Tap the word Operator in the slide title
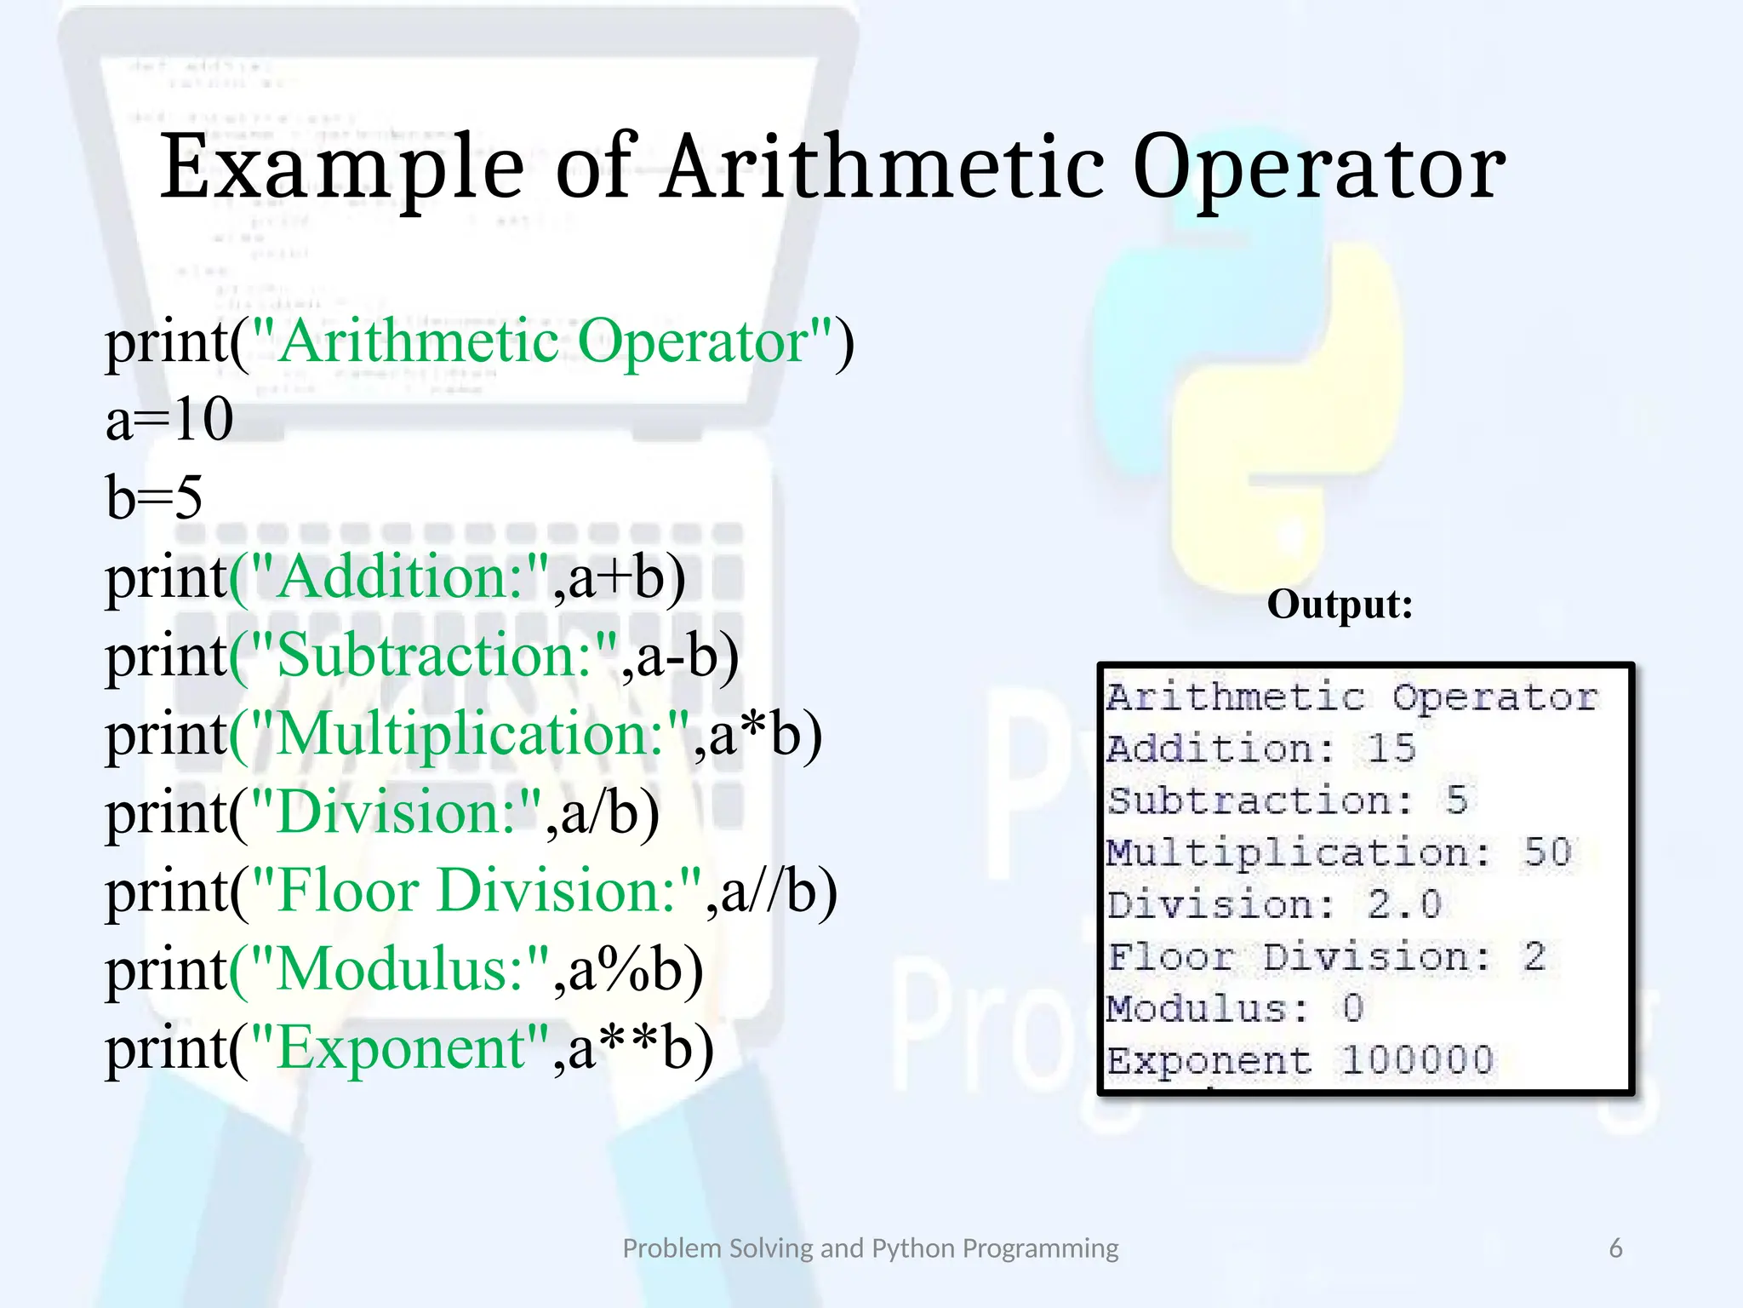point(1318,169)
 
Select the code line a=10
point(169,419)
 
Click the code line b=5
point(154,497)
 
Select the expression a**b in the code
point(629,1048)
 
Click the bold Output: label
point(1340,605)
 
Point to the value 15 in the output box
point(1391,749)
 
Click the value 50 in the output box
point(1546,853)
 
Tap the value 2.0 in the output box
point(1404,905)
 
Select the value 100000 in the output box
point(1417,1061)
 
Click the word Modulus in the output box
point(1198,1009)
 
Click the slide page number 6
point(1615,1248)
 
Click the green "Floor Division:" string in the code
point(477,892)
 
